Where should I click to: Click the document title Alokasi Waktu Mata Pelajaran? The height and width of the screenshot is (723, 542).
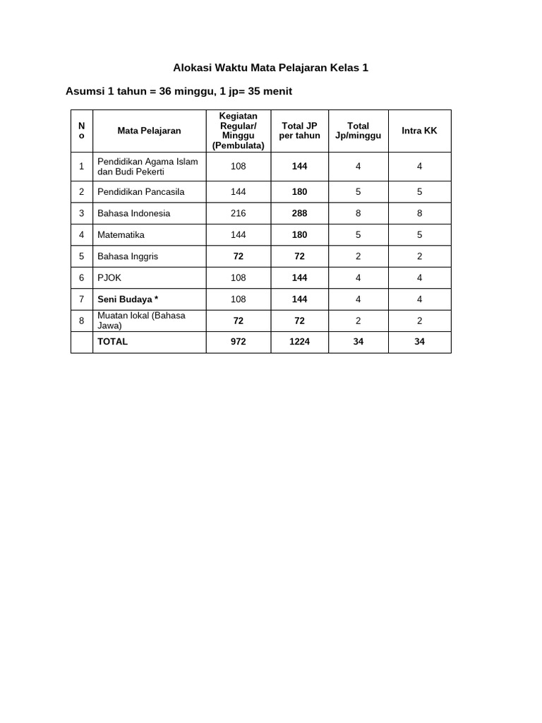point(271,68)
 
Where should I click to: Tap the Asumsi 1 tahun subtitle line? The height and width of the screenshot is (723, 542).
point(179,91)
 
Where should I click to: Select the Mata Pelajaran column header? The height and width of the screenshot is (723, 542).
point(149,131)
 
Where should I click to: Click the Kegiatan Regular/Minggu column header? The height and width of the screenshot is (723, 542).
point(238,131)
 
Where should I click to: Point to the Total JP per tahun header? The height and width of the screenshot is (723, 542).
point(299,131)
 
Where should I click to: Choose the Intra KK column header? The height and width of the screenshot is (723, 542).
point(419,131)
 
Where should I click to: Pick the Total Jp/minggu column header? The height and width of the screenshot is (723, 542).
point(358,131)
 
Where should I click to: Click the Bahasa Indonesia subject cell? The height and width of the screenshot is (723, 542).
point(134,213)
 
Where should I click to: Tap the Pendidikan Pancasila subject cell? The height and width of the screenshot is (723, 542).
point(141,191)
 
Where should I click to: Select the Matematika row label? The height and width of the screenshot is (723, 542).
point(121,234)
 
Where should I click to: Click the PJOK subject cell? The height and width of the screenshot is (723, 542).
point(109,278)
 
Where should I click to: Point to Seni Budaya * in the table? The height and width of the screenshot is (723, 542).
point(128,299)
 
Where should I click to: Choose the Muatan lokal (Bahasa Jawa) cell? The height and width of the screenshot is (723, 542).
point(141,321)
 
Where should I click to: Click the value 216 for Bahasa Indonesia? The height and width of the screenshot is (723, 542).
point(238,213)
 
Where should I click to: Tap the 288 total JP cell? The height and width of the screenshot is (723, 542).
point(299,213)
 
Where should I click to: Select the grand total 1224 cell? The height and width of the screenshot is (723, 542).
point(299,342)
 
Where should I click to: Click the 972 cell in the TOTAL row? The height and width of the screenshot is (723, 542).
point(238,342)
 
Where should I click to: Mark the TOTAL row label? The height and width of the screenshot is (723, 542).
point(113,342)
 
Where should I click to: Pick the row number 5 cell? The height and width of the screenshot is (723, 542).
point(82,256)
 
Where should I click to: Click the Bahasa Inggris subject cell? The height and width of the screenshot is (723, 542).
point(128,256)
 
